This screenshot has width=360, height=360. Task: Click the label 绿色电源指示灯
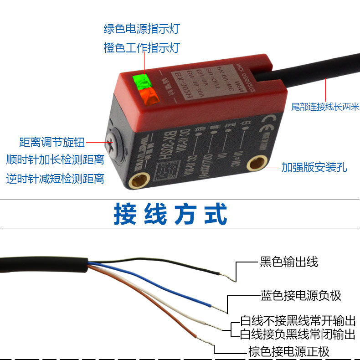(142, 29)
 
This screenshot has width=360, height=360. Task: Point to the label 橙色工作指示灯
(142, 48)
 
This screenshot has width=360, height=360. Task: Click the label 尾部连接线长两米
(325, 107)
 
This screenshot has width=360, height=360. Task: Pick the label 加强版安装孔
(314, 167)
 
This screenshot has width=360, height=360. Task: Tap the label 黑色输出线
(288, 262)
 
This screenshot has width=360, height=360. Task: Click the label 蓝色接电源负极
(300, 295)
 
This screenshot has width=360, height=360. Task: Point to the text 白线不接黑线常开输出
(298, 320)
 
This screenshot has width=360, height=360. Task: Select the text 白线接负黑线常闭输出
(298, 334)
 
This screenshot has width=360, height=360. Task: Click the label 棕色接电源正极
(288, 351)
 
